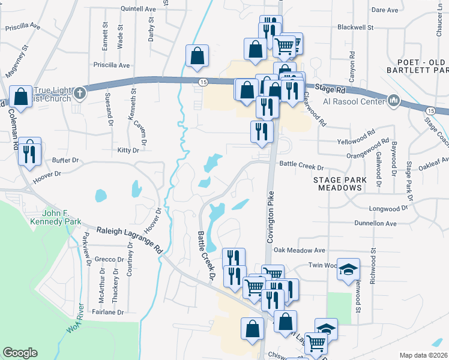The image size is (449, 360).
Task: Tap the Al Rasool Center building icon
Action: (x=394, y=100)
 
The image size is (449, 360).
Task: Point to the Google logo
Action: (x=20, y=353)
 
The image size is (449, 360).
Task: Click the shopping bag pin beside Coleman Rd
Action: (x=20, y=97)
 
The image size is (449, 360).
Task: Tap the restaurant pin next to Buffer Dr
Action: (x=29, y=152)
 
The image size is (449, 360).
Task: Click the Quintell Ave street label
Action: (x=137, y=9)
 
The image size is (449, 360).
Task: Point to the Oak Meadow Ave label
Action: (x=298, y=250)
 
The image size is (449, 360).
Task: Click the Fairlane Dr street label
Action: (x=107, y=312)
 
